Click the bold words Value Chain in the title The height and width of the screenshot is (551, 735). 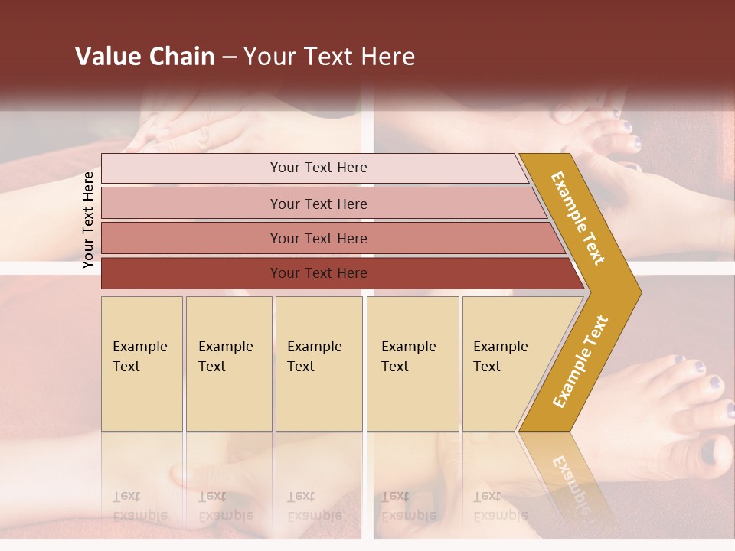145,57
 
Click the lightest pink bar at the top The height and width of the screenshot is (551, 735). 318,168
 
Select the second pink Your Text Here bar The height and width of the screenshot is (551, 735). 318,204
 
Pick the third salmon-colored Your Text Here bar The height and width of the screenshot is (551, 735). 318,238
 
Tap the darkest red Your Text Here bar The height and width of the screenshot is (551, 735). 318,273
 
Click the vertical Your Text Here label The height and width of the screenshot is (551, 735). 88,220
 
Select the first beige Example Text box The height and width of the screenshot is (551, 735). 142,364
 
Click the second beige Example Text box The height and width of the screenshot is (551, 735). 229,364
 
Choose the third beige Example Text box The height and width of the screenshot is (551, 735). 318,364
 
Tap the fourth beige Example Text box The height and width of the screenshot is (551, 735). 413,364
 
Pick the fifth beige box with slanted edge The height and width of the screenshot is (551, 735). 505,364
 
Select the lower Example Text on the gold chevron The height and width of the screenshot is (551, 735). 580,361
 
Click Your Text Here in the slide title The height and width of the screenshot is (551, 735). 329,57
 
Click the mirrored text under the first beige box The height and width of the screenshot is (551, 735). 139,507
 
